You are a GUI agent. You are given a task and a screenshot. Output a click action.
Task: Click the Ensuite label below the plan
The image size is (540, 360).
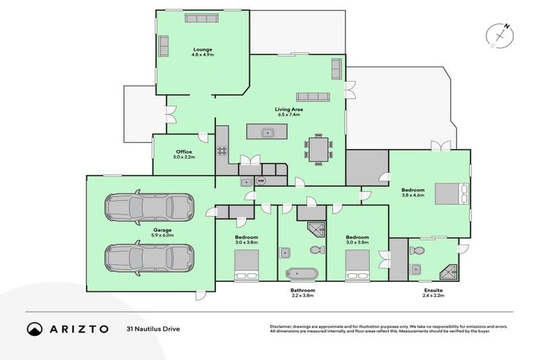pyautogui.click(x=433, y=290)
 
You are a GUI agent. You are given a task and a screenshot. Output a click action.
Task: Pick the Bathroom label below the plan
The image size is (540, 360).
pyautogui.click(x=302, y=290)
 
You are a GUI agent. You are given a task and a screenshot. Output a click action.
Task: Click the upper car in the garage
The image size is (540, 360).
pyautogui.click(x=149, y=207)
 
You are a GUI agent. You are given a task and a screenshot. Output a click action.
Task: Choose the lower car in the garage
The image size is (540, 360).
pyautogui.click(x=149, y=257)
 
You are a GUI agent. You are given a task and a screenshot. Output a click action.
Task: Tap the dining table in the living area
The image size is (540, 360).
pyautogui.click(x=319, y=149)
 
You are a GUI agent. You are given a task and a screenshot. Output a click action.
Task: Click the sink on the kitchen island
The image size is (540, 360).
pyautogui.click(x=267, y=132)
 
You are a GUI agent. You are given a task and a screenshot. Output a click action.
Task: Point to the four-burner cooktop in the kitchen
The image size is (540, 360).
pyautogui.click(x=222, y=150)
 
